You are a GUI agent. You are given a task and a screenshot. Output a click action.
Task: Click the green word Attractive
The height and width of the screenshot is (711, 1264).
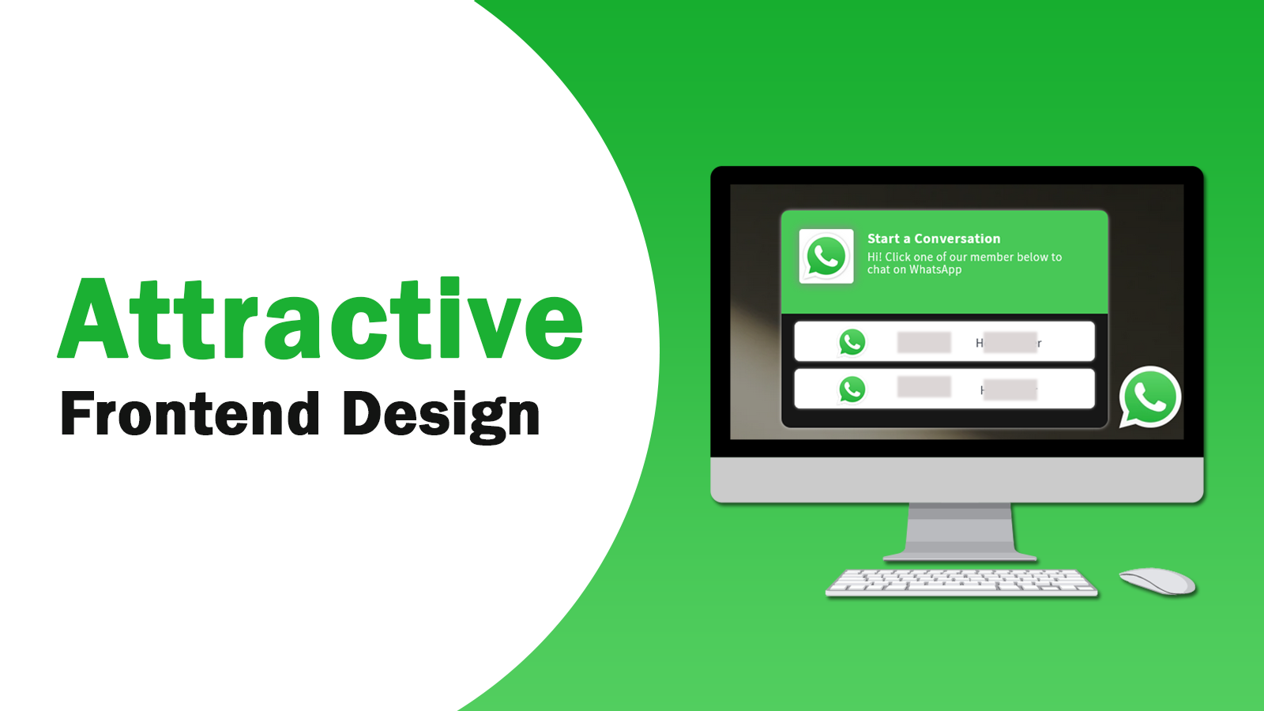tap(320, 320)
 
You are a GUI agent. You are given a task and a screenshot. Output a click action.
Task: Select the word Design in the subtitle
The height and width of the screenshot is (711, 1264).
tap(442, 414)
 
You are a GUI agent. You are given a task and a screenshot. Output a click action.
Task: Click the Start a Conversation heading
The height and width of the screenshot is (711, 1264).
tap(933, 239)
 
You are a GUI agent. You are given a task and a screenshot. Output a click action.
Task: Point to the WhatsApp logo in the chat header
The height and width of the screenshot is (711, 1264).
tap(826, 256)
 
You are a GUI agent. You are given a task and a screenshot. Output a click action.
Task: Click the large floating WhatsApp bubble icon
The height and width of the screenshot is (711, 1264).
tap(1149, 397)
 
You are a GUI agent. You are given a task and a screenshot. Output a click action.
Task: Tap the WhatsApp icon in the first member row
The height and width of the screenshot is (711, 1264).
tap(852, 342)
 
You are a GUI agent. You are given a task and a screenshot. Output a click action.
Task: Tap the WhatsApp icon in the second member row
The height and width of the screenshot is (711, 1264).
tap(852, 389)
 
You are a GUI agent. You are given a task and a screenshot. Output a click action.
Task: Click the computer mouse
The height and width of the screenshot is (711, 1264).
tap(1157, 581)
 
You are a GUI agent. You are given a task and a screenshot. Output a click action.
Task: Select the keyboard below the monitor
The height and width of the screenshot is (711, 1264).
tap(961, 582)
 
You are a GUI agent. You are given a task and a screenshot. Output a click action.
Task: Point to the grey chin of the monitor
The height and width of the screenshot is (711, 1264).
tap(957, 479)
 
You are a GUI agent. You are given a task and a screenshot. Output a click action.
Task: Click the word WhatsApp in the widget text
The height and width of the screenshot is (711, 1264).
tap(935, 270)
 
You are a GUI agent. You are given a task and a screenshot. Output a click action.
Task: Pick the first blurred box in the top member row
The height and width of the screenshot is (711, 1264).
tap(924, 342)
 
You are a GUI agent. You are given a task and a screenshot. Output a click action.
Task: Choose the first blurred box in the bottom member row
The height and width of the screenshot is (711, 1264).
tap(924, 387)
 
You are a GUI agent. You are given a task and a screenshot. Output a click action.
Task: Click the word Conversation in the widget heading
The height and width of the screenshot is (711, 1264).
tap(957, 239)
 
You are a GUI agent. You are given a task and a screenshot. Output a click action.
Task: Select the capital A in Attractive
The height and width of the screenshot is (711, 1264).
tap(94, 320)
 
